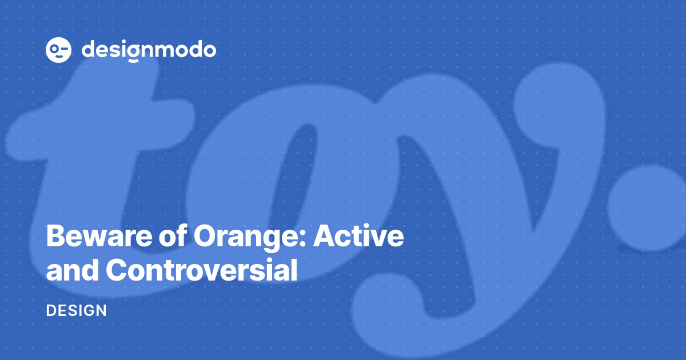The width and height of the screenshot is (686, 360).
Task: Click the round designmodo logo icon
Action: point(58,50)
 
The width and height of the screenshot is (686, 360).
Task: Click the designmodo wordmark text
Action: point(149,50)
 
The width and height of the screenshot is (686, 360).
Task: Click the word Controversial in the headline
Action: point(201,271)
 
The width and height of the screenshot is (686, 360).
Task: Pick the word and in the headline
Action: point(72,271)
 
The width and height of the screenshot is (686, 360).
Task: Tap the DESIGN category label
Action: point(76,311)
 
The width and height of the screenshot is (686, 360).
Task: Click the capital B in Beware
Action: point(55,237)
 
